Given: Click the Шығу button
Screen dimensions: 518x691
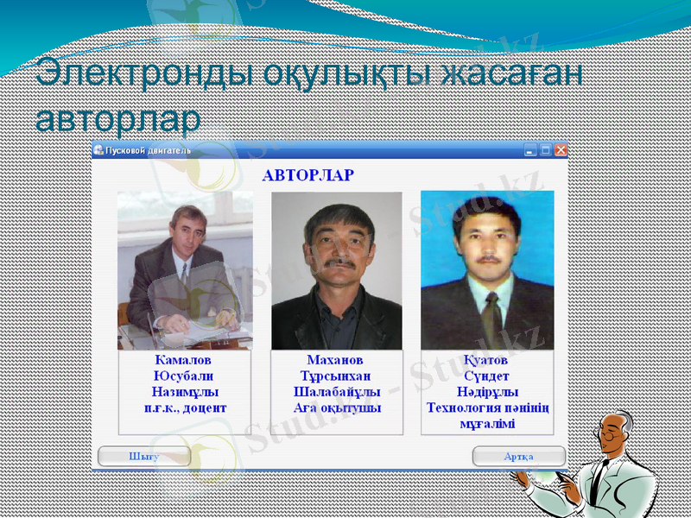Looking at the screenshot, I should click(x=143, y=457).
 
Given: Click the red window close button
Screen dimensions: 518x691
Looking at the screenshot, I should click(x=561, y=150).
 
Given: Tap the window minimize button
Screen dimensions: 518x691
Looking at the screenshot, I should click(x=531, y=150).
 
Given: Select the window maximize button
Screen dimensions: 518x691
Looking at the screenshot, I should click(x=546, y=150).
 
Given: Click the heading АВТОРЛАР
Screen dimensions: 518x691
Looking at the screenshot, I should click(x=307, y=175).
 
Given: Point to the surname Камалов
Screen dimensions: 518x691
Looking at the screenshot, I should click(x=183, y=360).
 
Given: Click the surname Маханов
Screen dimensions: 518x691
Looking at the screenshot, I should click(x=335, y=360).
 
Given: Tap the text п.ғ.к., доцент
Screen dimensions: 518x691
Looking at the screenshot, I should click(x=184, y=407).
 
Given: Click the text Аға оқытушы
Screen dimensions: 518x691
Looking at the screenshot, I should click(x=336, y=407).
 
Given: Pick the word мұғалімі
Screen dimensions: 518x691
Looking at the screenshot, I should click(x=487, y=423).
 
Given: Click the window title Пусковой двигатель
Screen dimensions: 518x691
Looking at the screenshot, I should click(x=148, y=150).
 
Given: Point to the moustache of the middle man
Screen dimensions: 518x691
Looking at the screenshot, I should click(x=339, y=261).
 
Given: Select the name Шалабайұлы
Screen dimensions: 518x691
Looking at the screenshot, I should click(x=336, y=392).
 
